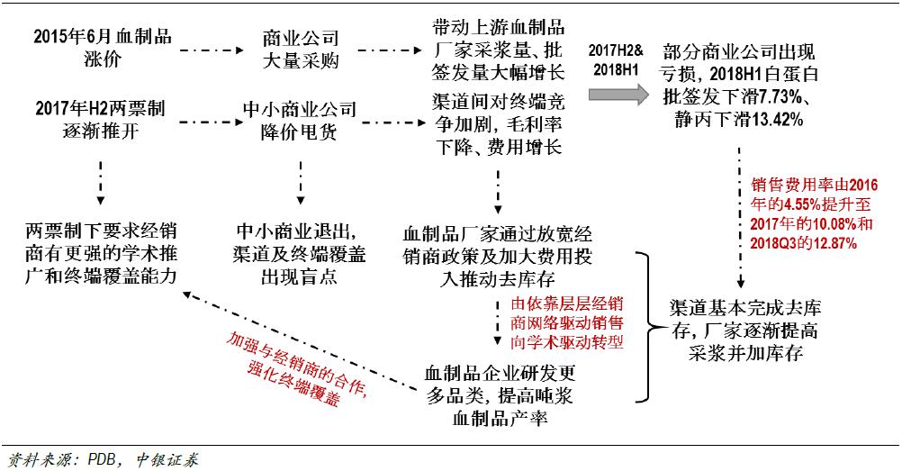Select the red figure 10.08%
[825, 222]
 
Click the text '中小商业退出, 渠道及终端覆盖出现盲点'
[296, 253]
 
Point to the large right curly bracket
[645, 328]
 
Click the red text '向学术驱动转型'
[567, 342]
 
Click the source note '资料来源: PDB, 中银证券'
[99, 459]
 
